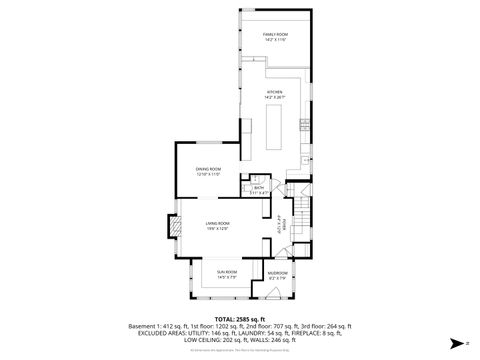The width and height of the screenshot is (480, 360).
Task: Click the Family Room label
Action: [x=275, y=34]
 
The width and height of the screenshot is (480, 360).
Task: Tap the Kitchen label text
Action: [x=275, y=91]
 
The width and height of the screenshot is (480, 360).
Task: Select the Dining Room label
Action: [x=208, y=170]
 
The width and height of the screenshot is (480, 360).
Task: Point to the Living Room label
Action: [x=218, y=223]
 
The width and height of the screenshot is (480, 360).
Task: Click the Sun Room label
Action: [x=227, y=272]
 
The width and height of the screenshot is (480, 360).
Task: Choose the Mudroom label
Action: [x=277, y=273]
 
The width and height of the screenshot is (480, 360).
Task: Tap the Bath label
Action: [x=258, y=187]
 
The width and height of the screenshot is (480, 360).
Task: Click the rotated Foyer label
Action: [x=284, y=223]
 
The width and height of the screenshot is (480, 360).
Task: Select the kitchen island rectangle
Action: [x=275, y=124]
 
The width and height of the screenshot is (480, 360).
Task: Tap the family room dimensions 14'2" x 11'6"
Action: [x=275, y=39]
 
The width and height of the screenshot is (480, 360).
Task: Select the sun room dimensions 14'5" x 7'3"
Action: [x=227, y=277]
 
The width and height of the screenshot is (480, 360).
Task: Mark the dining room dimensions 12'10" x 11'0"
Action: [x=208, y=175]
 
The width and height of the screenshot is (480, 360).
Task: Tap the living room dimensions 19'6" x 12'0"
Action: [x=218, y=228]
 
